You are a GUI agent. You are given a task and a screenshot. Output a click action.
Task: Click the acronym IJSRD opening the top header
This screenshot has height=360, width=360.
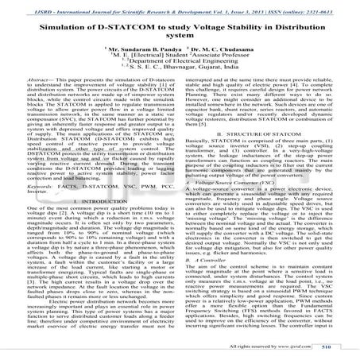(x=25, y=9)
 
